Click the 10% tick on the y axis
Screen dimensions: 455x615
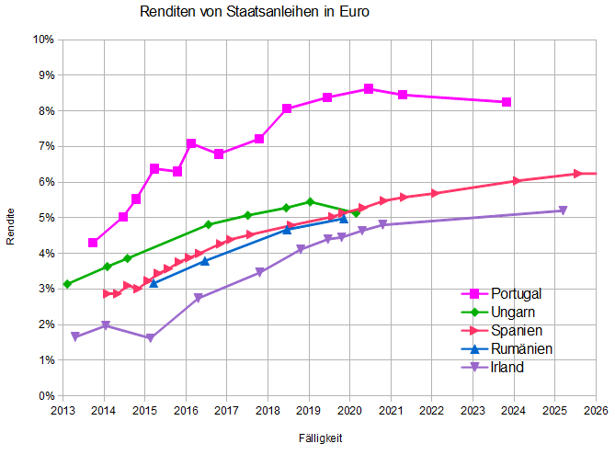43,40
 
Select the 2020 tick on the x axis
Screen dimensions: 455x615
349,410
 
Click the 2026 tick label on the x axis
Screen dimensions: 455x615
595,410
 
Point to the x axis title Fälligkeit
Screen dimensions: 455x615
321,438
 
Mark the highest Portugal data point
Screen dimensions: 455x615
368,89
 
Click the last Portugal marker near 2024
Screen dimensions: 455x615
507,102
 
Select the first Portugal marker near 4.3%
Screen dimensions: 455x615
93,243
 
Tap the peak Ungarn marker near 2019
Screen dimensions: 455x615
310,201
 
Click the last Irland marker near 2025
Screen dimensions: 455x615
563,210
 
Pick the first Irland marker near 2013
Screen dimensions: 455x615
75,337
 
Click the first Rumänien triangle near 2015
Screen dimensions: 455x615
154,283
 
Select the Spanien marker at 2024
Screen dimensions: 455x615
516,181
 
